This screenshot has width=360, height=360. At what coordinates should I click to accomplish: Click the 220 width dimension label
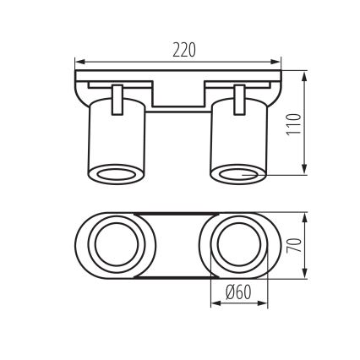[183, 50]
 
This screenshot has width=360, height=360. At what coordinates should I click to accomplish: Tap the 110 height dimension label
[293, 124]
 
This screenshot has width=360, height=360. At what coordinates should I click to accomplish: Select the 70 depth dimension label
[293, 247]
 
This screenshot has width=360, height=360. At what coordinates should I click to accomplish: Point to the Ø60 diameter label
[239, 292]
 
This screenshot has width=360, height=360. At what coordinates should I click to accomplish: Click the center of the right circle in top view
[239, 246]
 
